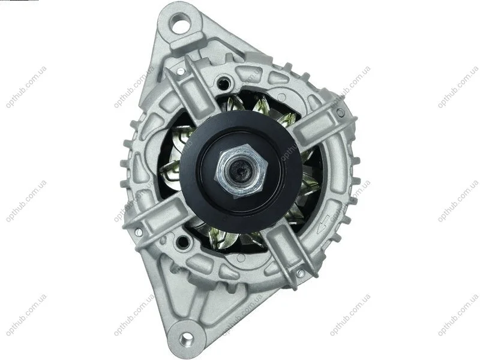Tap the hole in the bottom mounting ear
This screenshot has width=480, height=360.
[185, 338]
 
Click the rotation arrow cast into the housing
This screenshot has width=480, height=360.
[323, 224]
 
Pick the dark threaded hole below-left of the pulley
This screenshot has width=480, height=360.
[183, 242]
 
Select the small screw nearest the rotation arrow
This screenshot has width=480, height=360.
[301, 273]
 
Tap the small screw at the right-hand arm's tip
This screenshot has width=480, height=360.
[340, 112]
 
